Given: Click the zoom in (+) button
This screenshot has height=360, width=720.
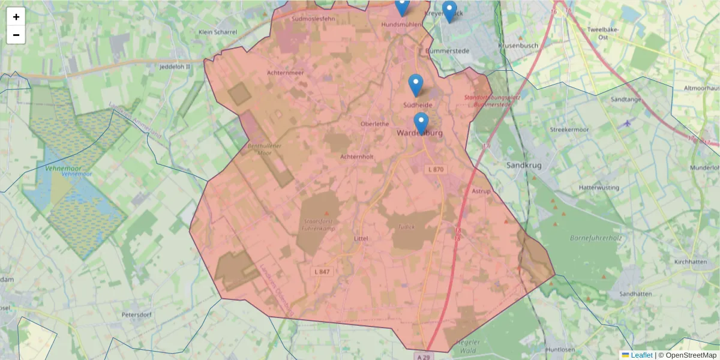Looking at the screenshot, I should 16,17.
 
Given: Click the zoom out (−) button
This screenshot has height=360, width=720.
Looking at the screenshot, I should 16,35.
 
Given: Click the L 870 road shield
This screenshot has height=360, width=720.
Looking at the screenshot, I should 436,170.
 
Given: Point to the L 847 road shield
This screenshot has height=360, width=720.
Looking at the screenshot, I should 322,272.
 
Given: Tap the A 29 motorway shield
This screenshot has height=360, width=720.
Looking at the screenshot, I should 424,356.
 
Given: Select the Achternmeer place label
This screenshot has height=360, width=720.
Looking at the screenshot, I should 286,73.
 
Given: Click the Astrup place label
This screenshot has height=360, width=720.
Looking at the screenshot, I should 481,191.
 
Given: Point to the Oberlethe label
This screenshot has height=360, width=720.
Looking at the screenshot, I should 375,124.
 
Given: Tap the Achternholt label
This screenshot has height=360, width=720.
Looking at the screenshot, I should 357,157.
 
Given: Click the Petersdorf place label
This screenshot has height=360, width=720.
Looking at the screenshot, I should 139,314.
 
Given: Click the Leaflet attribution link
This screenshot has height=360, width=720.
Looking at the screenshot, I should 641,355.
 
